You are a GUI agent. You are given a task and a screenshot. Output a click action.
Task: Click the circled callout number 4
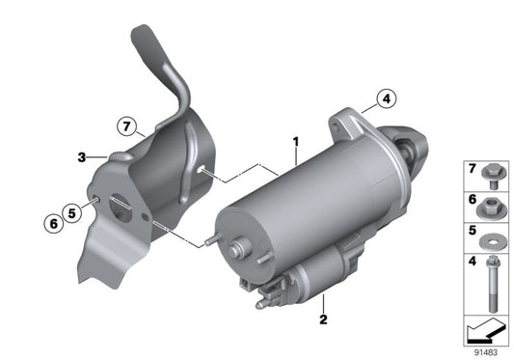point(387,98)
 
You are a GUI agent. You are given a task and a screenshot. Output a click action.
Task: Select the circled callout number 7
point(127,126)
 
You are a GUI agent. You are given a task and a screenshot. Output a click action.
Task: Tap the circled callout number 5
point(71,213)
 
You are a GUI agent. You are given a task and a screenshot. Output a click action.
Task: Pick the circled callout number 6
point(53,224)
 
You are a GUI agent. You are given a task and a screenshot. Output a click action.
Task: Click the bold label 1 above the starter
point(296,142)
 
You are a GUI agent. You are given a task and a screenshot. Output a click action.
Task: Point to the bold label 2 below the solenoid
point(323,319)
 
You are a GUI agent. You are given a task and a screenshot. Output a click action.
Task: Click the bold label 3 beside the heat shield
point(82,157)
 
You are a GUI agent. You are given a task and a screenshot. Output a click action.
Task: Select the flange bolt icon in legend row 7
point(491,177)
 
